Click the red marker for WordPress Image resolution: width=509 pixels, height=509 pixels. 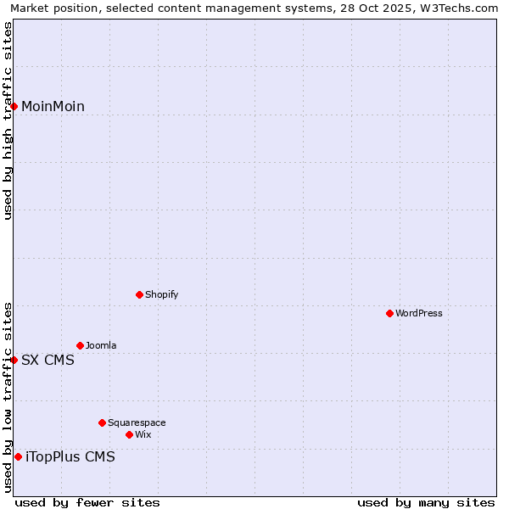(389, 313)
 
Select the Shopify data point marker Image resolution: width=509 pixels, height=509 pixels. (139, 294)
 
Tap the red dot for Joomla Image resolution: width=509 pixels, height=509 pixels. (80, 345)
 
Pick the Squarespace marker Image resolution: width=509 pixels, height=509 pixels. (102, 422)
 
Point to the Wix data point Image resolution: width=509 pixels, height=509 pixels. (129, 434)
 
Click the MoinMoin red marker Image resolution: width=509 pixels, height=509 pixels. (14, 106)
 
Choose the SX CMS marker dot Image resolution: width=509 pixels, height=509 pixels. (14, 360)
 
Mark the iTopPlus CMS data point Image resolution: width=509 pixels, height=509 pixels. (18, 456)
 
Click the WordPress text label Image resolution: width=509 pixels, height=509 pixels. (419, 313)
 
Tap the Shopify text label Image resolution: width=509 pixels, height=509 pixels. (161, 294)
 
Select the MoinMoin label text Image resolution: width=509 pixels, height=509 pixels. (53, 106)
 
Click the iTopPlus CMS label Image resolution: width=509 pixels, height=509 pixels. (70, 456)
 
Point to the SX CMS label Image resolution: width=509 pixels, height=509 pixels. (48, 360)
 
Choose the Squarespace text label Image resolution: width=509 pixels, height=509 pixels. (137, 422)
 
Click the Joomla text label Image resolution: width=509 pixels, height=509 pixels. (101, 345)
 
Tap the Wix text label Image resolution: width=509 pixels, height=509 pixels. (143, 434)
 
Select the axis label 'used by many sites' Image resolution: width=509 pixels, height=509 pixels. (425, 502)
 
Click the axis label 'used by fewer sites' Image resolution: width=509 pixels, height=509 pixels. (87, 502)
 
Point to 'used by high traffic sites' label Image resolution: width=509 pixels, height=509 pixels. (8, 120)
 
